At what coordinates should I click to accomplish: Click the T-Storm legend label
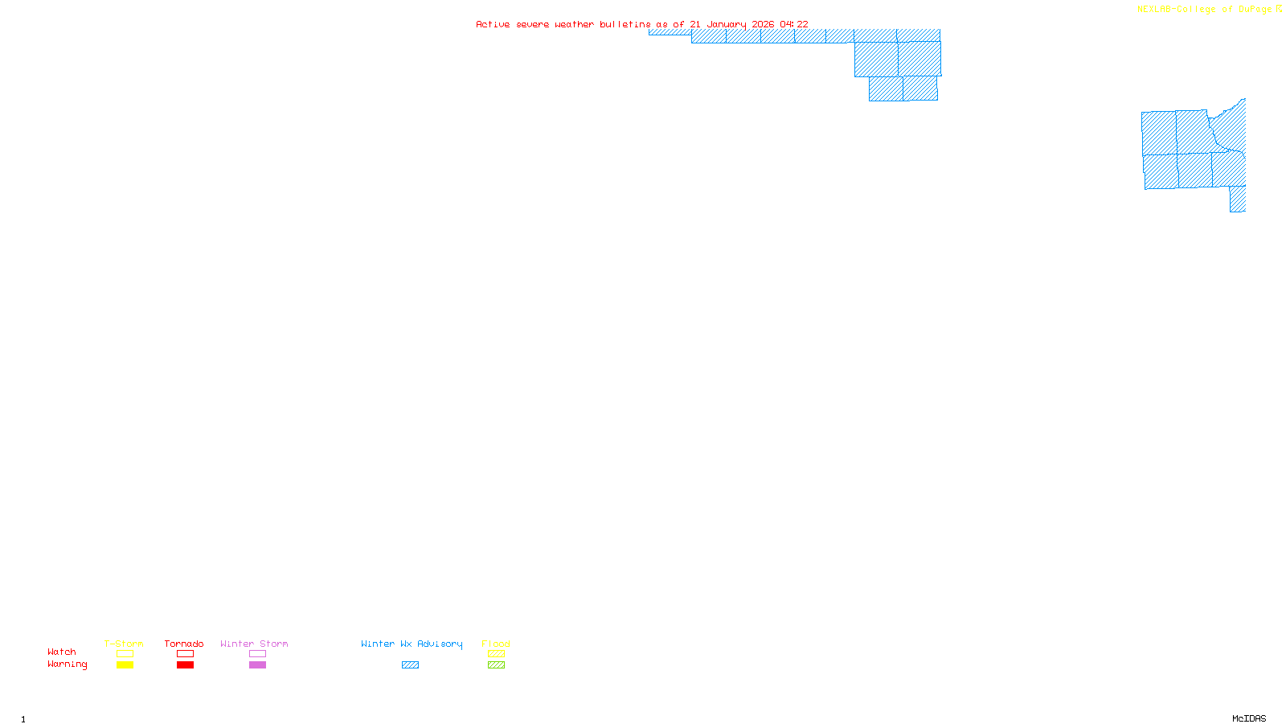tap(124, 644)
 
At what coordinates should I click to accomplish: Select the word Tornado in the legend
tap(184, 644)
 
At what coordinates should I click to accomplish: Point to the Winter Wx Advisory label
tap(412, 644)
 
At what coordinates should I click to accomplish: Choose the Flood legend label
tap(496, 644)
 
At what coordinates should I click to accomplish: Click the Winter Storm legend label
tap(254, 644)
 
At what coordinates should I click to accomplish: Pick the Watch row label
tap(62, 652)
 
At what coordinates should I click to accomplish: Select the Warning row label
tap(68, 664)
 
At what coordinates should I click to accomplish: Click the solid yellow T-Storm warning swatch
tap(125, 665)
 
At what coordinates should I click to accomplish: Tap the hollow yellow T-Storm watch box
tap(125, 654)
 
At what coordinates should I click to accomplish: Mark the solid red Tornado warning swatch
tap(185, 665)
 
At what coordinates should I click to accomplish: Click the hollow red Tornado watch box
tap(185, 654)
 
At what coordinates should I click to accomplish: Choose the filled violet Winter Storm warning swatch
tap(257, 665)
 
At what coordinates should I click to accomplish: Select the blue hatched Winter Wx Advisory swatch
tap(410, 665)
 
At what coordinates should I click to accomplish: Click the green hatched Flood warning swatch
tap(496, 665)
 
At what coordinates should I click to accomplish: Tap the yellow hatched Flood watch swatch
tap(496, 654)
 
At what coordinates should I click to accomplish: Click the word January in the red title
tap(727, 24)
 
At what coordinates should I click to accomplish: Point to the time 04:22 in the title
tap(794, 24)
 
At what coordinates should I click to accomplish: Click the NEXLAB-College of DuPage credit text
tap(1204, 9)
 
